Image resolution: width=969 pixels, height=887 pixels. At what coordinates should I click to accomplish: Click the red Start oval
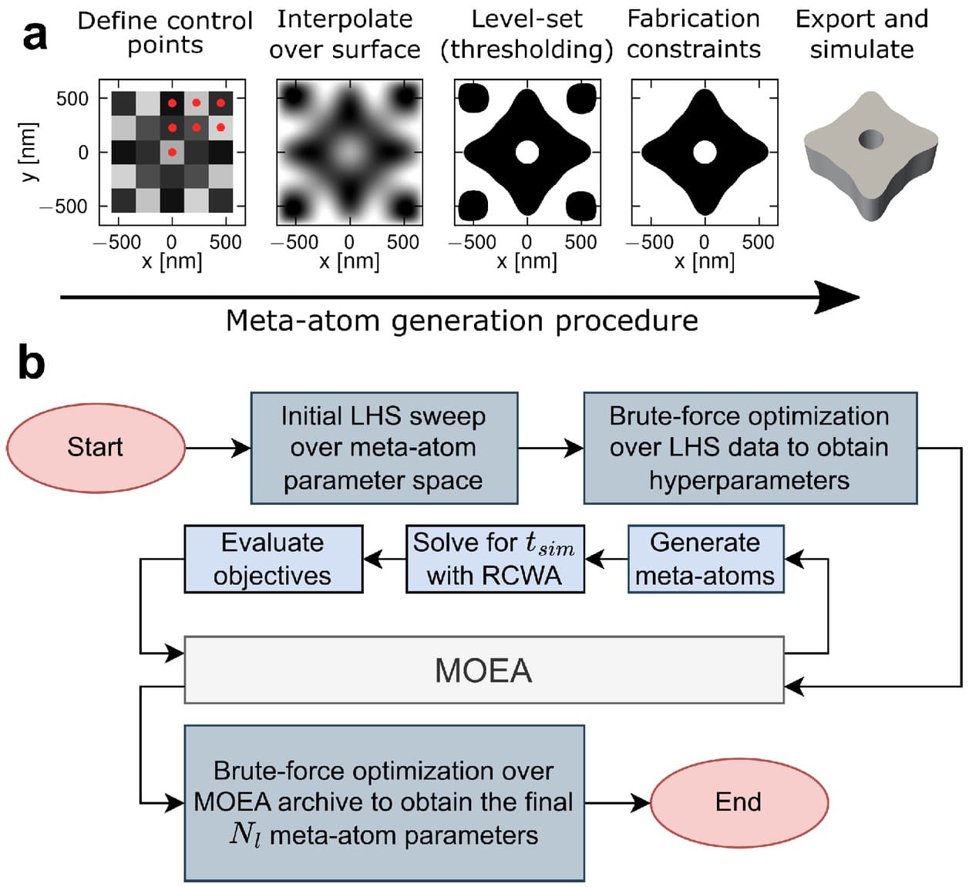(x=96, y=448)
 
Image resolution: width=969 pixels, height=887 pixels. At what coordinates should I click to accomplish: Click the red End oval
(x=739, y=802)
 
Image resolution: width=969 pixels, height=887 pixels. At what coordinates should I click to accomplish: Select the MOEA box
(x=483, y=670)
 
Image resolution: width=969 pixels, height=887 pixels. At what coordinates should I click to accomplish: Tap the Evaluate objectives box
(x=273, y=559)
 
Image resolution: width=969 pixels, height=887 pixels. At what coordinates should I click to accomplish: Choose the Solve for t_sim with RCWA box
(x=494, y=559)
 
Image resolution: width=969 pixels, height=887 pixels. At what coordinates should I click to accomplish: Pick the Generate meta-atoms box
(x=705, y=559)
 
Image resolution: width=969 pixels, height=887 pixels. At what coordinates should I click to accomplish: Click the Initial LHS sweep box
(x=383, y=448)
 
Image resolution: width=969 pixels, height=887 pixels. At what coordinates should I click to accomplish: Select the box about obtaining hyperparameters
(x=749, y=448)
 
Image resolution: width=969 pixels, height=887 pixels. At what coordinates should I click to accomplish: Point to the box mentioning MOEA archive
(x=383, y=802)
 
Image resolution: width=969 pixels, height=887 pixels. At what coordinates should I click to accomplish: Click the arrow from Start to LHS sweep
(x=218, y=448)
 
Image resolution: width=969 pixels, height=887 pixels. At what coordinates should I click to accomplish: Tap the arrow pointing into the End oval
(x=617, y=802)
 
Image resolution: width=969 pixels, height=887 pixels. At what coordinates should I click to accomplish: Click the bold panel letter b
(x=31, y=362)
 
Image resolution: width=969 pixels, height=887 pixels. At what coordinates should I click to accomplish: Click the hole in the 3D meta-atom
(x=871, y=139)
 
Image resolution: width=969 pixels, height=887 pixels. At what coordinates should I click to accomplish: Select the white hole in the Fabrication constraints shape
(x=704, y=152)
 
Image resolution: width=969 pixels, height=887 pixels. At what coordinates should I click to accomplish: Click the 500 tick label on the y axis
(x=72, y=99)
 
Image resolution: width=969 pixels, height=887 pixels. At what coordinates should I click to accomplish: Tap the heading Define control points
(x=165, y=32)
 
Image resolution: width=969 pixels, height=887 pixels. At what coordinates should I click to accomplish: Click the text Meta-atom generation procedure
(x=462, y=320)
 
